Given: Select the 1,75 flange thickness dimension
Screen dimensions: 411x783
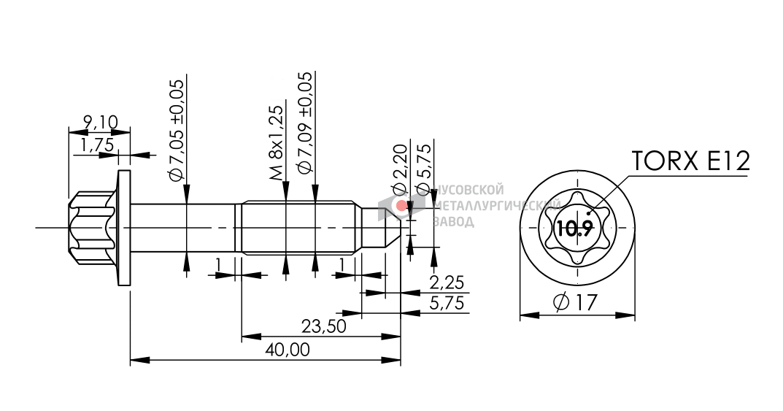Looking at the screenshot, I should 96,145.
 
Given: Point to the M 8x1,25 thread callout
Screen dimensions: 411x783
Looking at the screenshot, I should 276,143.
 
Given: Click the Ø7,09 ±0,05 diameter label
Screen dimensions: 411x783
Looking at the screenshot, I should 305,123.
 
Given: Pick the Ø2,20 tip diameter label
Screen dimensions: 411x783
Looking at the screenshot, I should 401,170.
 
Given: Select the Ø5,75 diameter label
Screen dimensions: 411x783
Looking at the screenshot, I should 423,169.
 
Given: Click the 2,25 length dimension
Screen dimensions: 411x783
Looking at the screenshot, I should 447,283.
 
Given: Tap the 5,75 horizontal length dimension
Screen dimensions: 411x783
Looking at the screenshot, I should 447,304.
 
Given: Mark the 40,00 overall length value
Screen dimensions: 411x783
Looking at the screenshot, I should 288,350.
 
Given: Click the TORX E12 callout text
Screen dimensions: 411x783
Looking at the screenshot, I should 690,161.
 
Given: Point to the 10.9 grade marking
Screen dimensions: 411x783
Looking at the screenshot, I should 574,229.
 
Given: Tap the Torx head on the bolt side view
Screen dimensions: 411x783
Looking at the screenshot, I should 93,228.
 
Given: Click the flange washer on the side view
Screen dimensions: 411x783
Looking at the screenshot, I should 123,228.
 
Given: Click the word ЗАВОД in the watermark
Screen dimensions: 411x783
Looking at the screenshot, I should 453,221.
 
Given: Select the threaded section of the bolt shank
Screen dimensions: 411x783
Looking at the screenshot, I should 299,228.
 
